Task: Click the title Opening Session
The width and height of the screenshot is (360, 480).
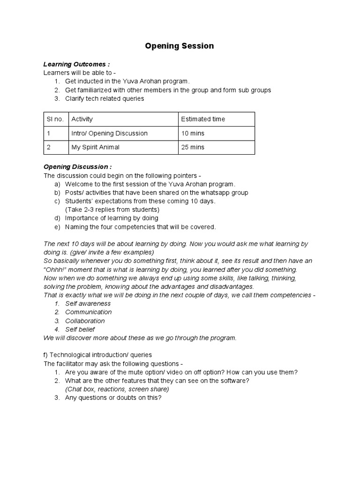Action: coord(179,46)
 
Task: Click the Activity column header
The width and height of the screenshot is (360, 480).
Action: coord(82,119)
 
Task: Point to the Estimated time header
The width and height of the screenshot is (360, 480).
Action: coord(203,119)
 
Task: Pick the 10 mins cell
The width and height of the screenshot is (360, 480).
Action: coord(193,133)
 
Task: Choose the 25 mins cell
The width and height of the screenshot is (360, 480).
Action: coord(193,147)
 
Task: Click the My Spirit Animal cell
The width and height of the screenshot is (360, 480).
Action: coord(95,147)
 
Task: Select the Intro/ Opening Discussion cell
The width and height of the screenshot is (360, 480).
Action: coord(109,133)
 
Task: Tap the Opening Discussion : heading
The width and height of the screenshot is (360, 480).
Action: coord(77,167)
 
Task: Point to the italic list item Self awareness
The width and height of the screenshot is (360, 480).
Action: coord(88,304)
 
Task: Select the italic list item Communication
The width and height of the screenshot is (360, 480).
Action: coord(88,312)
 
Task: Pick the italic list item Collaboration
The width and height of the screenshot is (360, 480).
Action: coord(85,321)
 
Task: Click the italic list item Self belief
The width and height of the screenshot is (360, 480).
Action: coord(80,330)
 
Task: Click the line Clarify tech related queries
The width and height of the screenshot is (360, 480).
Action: coord(105,98)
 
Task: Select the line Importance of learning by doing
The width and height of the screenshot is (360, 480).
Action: coord(112,218)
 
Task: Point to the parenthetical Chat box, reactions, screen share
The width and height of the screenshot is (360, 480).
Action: coord(117,389)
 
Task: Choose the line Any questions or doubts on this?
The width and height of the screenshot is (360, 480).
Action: coord(113,398)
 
